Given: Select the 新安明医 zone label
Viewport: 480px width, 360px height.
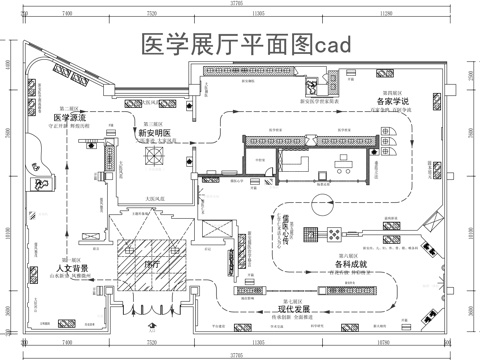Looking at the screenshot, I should coord(153,133).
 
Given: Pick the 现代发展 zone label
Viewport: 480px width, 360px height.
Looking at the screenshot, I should coord(297,310).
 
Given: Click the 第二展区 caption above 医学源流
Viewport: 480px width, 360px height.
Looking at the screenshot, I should coord(69,107).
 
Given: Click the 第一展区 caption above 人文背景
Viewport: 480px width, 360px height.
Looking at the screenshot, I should coord(72,258).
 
